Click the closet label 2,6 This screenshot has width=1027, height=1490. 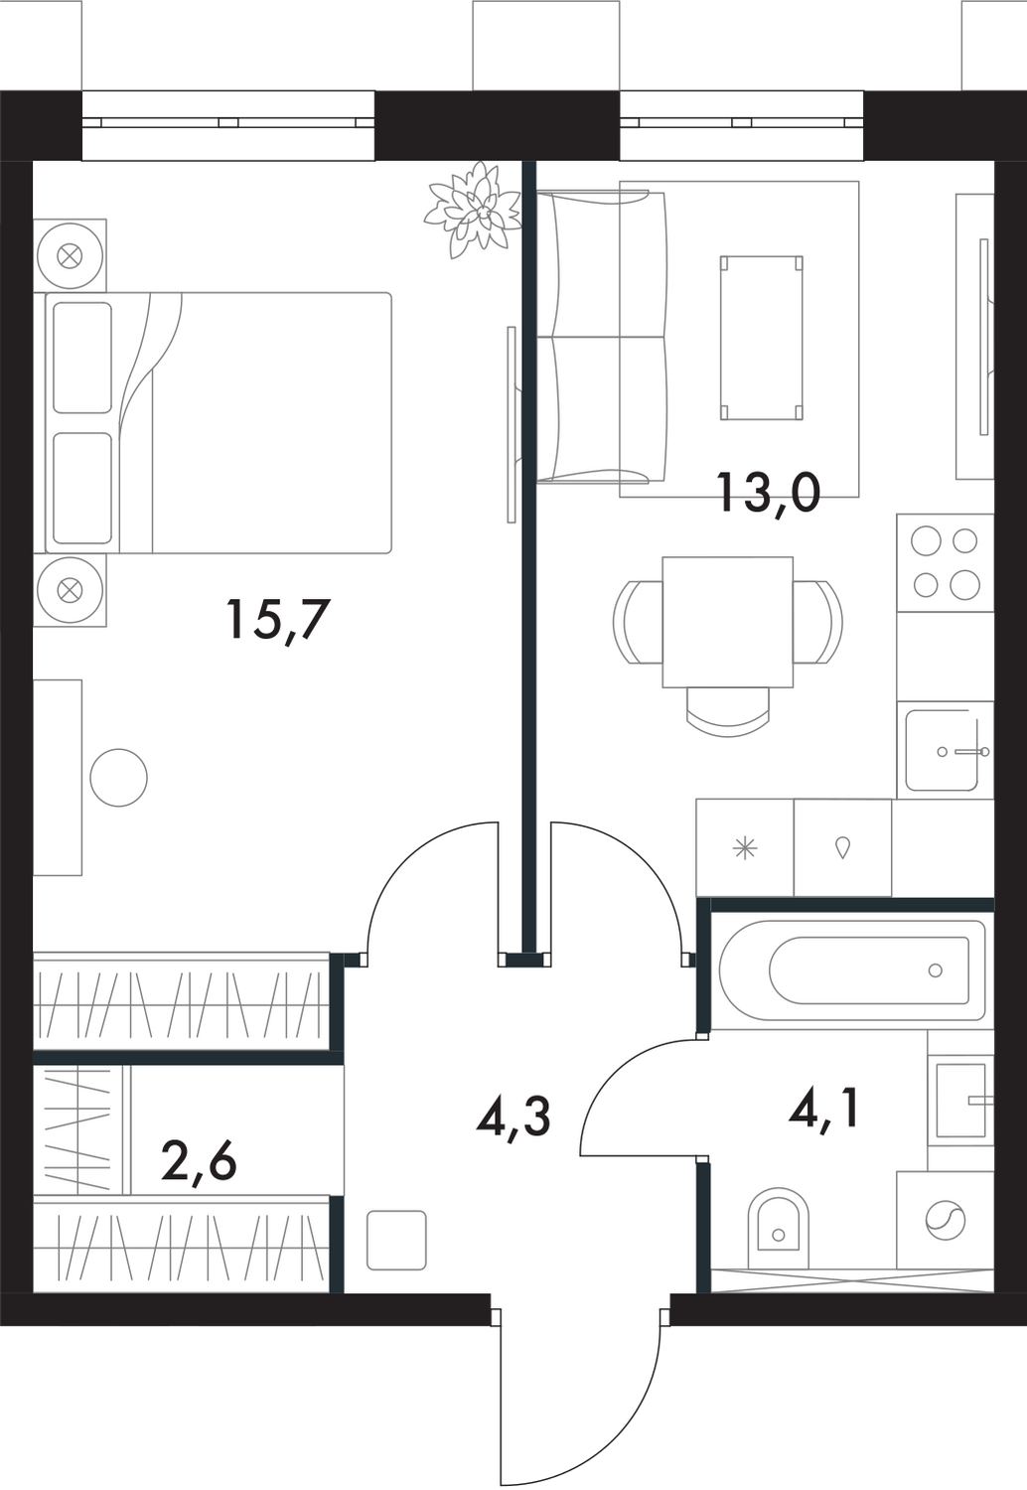coord(199,1159)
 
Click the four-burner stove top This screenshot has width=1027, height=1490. coord(945,562)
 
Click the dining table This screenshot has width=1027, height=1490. coord(727,622)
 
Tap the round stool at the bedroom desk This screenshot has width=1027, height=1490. coord(118,777)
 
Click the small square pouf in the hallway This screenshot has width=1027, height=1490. coord(396,1240)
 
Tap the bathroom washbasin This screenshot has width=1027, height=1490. coord(961,1101)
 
